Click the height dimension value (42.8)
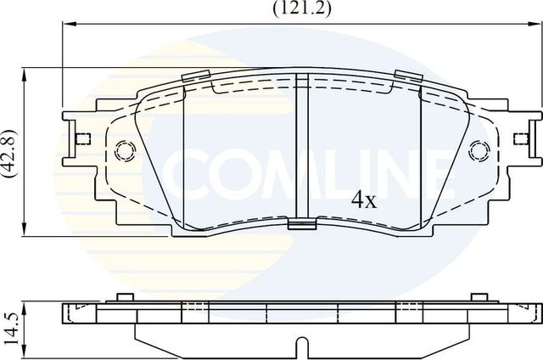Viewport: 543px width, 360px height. [10, 155]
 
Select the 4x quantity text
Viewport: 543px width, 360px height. [363, 200]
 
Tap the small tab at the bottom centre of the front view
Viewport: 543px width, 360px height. [299, 225]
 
